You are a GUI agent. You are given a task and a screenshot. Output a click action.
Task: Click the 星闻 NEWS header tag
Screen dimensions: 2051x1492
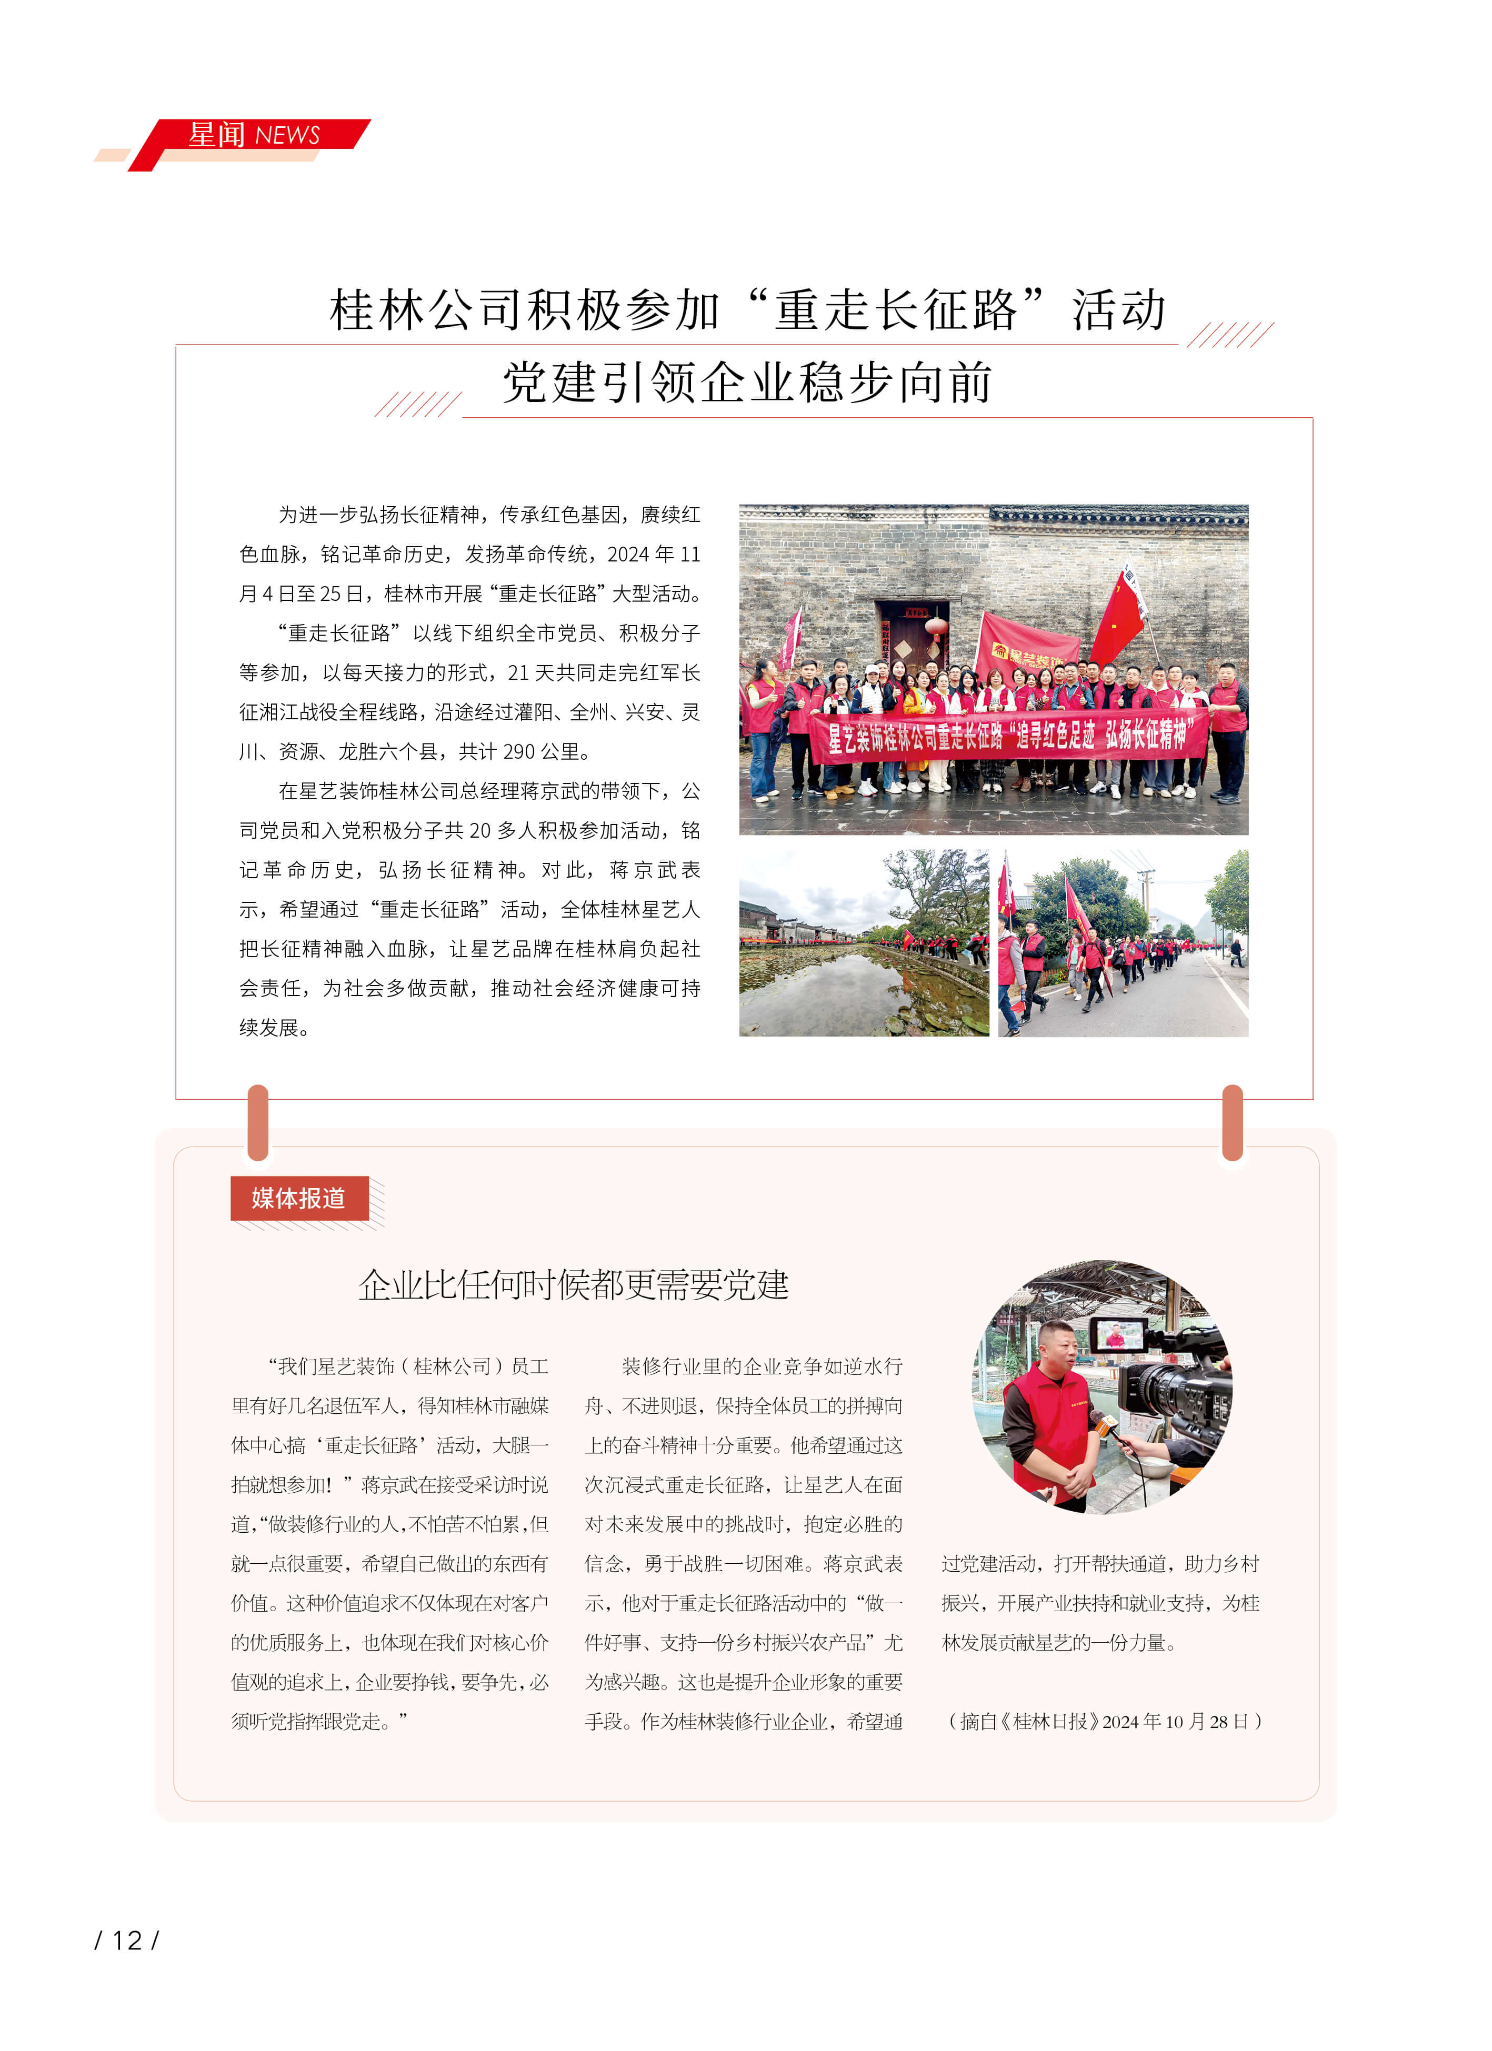tap(253, 136)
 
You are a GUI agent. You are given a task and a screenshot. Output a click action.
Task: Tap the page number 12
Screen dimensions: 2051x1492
tap(127, 1941)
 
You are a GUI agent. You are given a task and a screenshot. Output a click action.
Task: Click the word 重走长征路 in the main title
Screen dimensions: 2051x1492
tap(895, 310)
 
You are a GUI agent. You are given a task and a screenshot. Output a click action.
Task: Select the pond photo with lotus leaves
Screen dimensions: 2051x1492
tap(864, 943)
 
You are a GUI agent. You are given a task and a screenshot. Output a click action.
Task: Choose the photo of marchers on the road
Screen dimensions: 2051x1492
tap(1123, 943)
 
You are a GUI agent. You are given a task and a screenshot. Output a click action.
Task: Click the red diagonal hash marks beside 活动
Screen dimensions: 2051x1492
tap(1230, 335)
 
